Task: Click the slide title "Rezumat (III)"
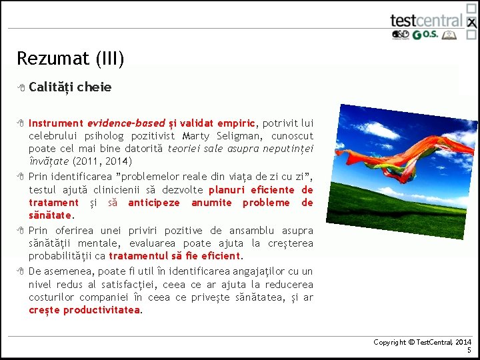[70, 59]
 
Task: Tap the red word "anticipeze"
[153, 203]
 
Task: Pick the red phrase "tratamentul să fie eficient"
[175, 256]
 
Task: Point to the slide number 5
[469, 350]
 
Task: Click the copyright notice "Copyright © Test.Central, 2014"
[422, 342]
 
